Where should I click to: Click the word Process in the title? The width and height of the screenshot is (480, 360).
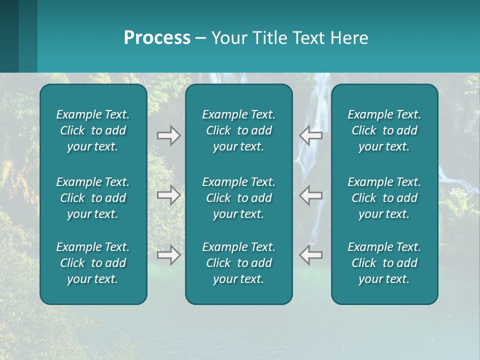point(157,38)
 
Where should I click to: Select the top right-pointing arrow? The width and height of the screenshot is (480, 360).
point(168,135)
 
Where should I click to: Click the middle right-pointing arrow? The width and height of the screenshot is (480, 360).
point(168,195)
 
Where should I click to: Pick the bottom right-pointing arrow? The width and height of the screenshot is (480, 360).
point(168,255)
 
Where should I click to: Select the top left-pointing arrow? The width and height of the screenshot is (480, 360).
point(311,135)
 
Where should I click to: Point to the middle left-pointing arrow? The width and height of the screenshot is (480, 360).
point(311,195)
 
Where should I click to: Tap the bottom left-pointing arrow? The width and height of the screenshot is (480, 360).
point(311,255)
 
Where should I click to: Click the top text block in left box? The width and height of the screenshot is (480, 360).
point(93,130)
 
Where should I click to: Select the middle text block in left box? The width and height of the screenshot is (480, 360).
point(93,198)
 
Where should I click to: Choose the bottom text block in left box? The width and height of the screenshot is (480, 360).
point(93,263)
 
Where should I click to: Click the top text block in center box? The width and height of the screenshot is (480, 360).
point(239,130)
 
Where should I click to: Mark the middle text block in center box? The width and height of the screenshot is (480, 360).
point(239,198)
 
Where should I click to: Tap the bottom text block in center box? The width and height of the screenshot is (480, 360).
point(239,263)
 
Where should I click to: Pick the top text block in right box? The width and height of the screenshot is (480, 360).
point(384,130)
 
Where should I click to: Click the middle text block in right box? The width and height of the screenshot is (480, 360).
point(384,198)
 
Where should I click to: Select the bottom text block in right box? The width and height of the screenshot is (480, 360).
point(384,263)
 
